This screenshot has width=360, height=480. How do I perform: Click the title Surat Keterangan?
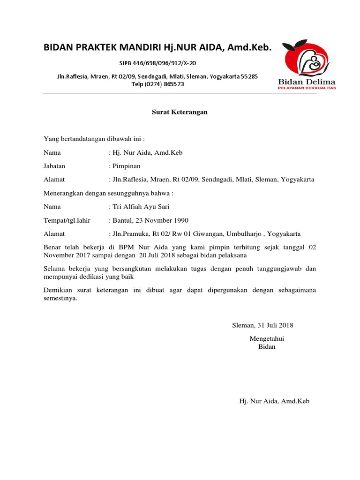(x=180, y=112)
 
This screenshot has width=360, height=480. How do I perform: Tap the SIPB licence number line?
(x=157, y=62)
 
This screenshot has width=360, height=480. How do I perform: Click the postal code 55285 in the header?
(x=249, y=76)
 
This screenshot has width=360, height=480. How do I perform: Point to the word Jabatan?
(x=54, y=166)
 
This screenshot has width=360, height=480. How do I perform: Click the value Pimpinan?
(x=126, y=166)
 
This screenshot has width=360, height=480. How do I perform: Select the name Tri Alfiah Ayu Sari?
(x=141, y=207)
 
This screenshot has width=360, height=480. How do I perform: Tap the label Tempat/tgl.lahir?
(x=67, y=220)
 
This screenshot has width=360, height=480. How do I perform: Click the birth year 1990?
(x=180, y=220)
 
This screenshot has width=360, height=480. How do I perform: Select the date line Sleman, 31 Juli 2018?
(x=263, y=325)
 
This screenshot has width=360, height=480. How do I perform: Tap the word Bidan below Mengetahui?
(x=267, y=346)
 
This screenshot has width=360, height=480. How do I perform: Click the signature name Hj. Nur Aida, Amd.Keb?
(x=274, y=401)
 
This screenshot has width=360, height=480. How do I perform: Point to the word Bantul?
(x=122, y=220)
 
